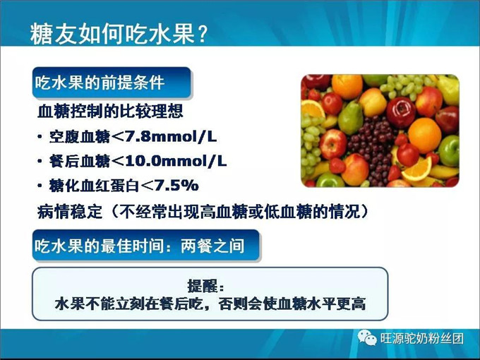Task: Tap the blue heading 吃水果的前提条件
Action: point(100,83)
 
